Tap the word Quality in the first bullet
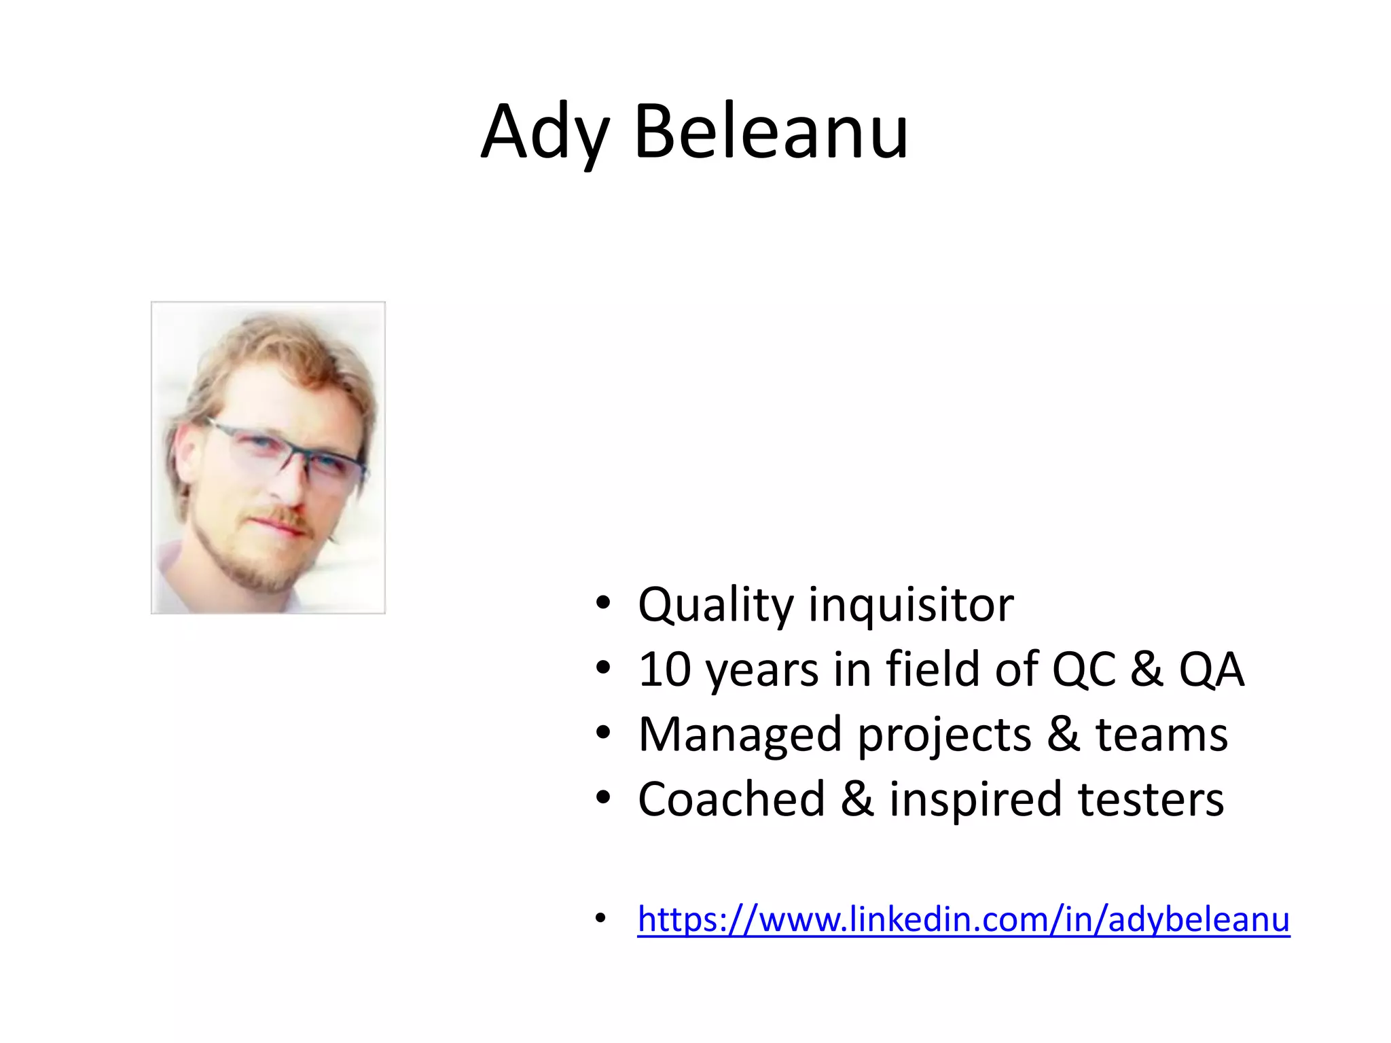tap(715, 604)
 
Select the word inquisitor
tap(910, 604)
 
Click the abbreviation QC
tap(1084, 670)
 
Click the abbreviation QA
tap(1211, 670)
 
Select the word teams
tap(1161, 735)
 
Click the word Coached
tap(731, 799)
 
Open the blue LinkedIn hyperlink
tap(963, 919)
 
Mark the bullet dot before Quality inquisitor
tap(602, 603)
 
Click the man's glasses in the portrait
tap(285, 452)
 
